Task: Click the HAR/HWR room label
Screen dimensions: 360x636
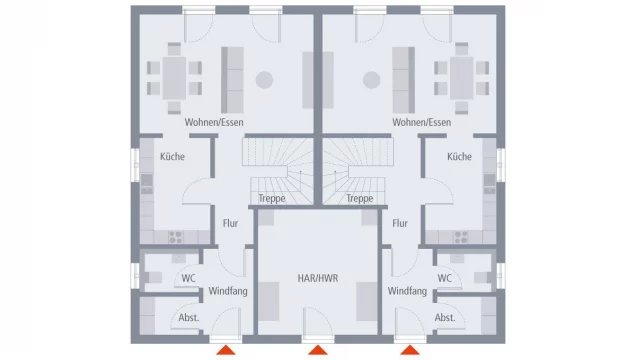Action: click(318, 279)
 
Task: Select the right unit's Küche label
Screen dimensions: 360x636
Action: click(459, 156)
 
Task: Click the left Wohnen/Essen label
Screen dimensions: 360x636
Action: click(214, 123)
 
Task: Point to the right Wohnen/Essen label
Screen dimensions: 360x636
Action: click(422, 123)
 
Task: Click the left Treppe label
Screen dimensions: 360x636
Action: click(272, 199)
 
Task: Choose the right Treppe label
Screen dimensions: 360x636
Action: click(360, 199)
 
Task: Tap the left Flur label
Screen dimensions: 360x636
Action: click(230, 224)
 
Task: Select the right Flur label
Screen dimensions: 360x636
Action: click(401, 224)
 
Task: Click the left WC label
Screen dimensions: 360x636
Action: click(188, 279)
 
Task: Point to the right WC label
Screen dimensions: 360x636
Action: click(445, 279)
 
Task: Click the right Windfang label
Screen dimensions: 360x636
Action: click(408, 291)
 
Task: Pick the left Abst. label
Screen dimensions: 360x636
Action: click(188, 318)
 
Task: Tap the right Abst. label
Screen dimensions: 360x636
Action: click(445, 318)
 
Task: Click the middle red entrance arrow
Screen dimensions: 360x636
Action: click(318, 350)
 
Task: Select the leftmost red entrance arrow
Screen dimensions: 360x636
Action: click(227, 350)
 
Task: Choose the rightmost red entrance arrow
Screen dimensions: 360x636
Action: click(410, 350)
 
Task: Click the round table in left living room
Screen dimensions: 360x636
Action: click(265, 79)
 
